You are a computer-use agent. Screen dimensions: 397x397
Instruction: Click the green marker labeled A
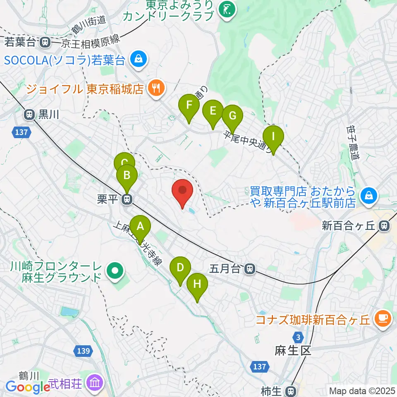[140, 227]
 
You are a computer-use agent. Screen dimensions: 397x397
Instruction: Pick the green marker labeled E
[213, 111]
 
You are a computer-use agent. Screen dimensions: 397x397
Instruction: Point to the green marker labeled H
[197, 285]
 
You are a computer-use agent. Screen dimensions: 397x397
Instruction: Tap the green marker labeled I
[273, 136]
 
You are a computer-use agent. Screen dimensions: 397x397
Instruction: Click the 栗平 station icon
[127, 199]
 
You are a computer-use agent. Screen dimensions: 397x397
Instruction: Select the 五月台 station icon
[249, 269]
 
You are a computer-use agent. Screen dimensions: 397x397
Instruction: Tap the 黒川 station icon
[29, 114]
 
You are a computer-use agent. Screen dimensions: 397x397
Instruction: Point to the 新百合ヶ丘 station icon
[385, 226]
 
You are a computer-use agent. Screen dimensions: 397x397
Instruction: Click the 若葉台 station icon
[45, 41]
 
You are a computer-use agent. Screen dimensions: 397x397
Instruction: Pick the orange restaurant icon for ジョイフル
[156, 88]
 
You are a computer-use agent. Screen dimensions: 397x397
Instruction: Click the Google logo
[28, 387]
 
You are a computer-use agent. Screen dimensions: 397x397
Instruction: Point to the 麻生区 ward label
[292, 351]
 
